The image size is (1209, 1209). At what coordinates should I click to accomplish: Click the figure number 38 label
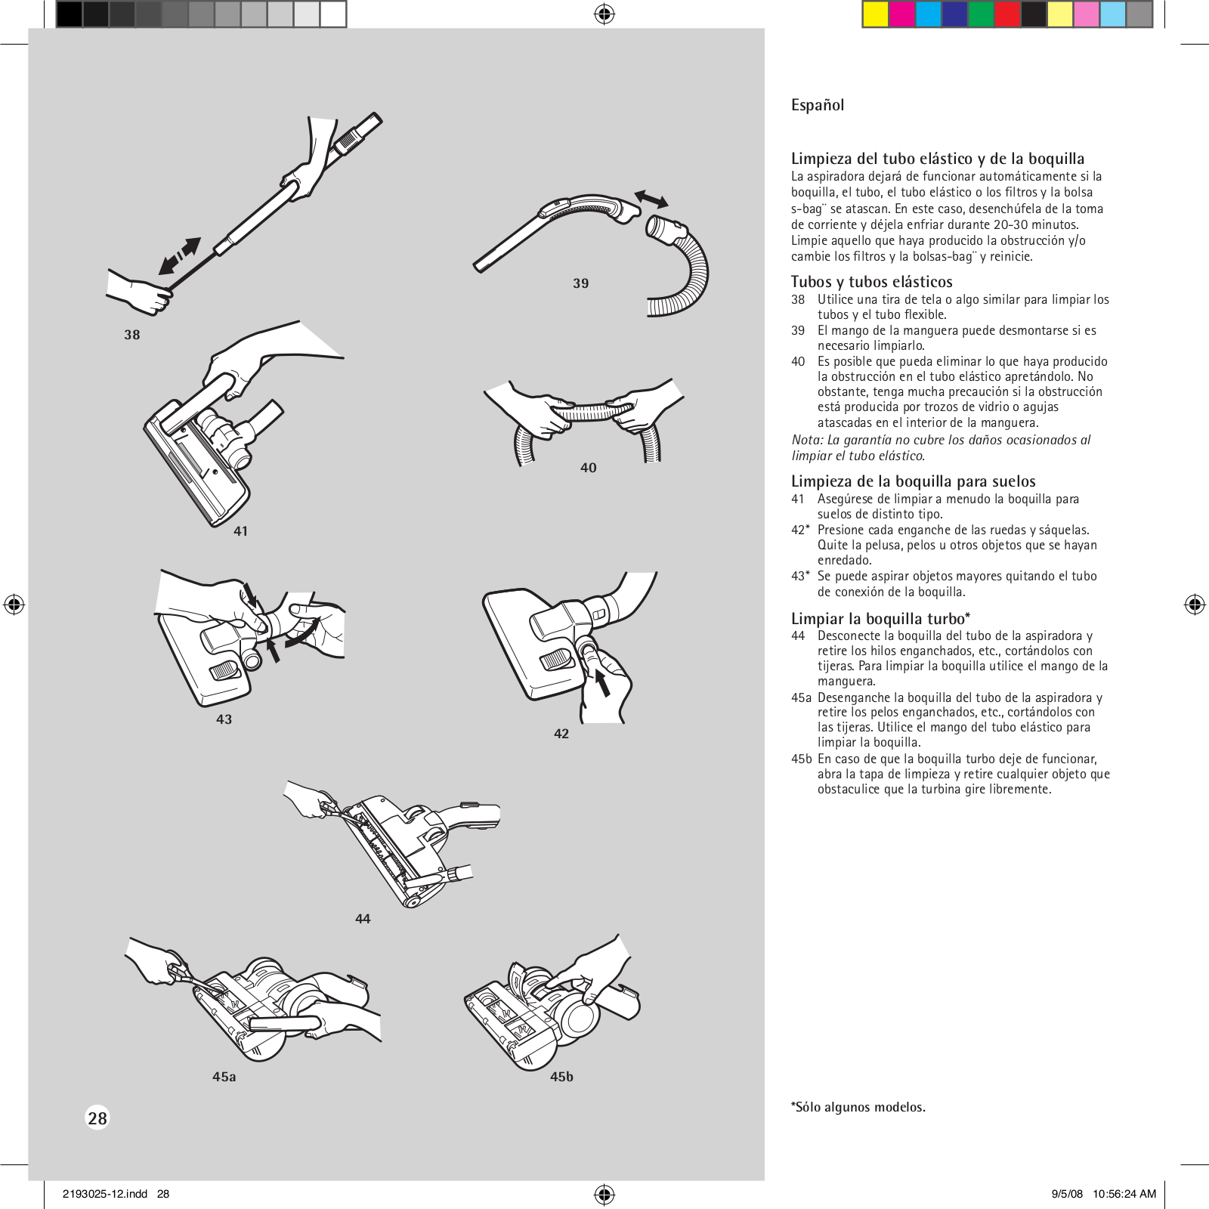tap(132, 335)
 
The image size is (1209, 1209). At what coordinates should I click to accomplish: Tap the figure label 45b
tap(561, 1077)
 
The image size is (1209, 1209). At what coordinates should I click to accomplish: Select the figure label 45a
tap(224, 1077)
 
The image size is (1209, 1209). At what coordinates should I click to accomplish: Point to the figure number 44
tap(363, 919)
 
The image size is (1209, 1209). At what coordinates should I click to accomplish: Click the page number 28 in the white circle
tap(97, 1118)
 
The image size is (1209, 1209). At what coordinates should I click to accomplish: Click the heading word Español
tap(817, 106)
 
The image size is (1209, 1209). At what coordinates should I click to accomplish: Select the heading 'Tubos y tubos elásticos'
tap(871, 282)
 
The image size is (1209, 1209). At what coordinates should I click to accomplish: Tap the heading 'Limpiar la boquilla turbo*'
tap(880, 619)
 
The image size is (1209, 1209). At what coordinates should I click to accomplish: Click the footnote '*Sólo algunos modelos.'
tap(858, 1107)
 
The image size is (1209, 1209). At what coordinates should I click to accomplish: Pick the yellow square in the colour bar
tap(875, 14)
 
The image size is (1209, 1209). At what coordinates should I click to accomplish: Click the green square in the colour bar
tap(981, 14)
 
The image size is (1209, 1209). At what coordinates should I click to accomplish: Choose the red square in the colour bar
tap(1007, 14)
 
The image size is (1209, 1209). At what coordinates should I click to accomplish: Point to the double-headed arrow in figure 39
tap(651, 199)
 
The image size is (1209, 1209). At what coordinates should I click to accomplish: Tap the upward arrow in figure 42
tap(602, 683)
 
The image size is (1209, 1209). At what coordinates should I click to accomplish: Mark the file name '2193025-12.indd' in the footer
tap(105, 1194)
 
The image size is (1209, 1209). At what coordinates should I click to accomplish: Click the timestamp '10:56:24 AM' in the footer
tap(1124, 1194)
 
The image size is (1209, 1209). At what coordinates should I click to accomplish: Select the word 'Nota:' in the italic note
tap(807, 440)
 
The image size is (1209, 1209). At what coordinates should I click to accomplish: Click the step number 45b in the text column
tap(801, 759)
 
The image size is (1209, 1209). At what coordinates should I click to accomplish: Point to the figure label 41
tap(241, 531)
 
